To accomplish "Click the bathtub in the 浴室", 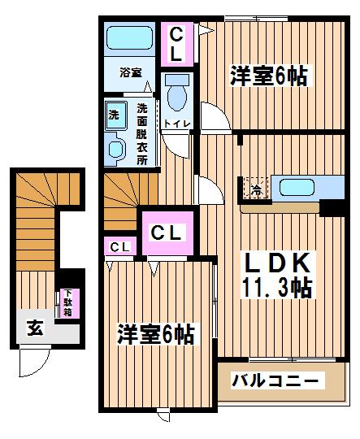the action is [129, 38].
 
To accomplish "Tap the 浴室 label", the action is [131, 72].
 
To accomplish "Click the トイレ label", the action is [177, 124].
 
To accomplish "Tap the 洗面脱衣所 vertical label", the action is [142, 134].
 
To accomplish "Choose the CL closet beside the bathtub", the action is [177, 44].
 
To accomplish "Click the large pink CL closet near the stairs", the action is [167, 233].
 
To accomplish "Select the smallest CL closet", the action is [120, 246].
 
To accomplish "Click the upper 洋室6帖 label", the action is [268, 76].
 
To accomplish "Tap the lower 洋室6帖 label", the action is [156, 335].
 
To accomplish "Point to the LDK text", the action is [277, 263].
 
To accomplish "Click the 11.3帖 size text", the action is [277, 288].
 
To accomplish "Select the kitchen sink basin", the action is [297, 188].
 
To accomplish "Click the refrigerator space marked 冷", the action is [256, 188].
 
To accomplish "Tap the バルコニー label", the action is [275, 380].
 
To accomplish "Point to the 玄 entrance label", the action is [35, 328].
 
